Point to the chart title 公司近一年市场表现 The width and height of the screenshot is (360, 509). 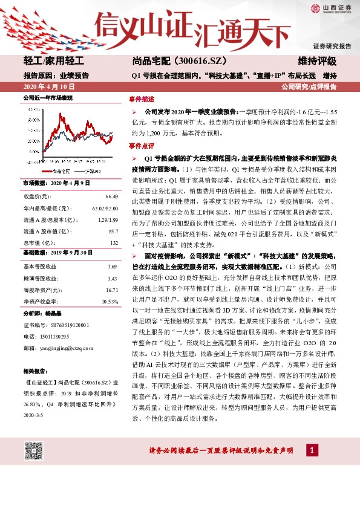coord(48,97)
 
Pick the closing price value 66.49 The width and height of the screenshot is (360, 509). coord(111,197)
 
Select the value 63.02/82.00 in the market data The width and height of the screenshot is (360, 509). coord(105,208)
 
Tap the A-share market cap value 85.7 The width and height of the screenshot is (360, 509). coord(113,231)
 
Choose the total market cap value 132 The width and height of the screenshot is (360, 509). coord(114,242)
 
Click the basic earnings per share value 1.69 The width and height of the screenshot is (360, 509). coord(112,266)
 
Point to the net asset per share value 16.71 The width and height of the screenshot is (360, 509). coord(111,290)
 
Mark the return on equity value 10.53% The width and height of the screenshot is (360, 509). coord(109,301)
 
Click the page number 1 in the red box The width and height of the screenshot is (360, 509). coord(311,451)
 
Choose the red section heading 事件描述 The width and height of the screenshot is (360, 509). coord(141,99)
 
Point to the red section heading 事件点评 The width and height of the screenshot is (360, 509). coord(141,146)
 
